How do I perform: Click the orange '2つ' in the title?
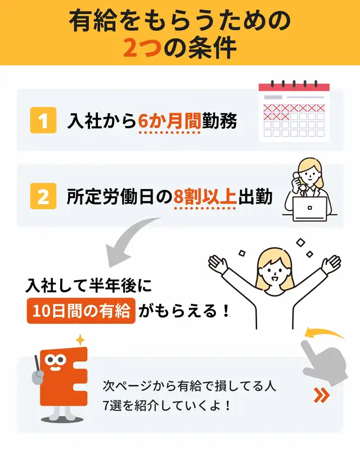pyautogui.click(x=142, y=48)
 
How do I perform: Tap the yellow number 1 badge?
pyautogui.click(x=43, y=120)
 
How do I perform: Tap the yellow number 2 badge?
pyautogui.click(x=43, y=196)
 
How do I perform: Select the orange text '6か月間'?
pyautogui.click(x=169, y=121)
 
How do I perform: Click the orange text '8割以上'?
pyautogui.click(x=205, y=197)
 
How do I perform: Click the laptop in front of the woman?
pyautogui.click(x=310, y=209)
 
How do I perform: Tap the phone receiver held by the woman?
pyautogui.click(x=298, y=181)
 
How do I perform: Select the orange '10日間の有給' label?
pyautogui.click(x=81, y=311)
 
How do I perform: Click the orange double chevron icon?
pyautogui.click(x=321, y=395)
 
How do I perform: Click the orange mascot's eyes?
pyautogui.click(x=55, y=359)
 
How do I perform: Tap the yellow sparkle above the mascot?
pyautogui.click(x=80, y=340)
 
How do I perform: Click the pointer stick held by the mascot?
pyautogui.click(x=37, y=363)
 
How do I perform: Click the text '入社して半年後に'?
pyautogui.click(x=89, y=285)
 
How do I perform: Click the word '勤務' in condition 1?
pyautogui.click(x=219, y=121)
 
